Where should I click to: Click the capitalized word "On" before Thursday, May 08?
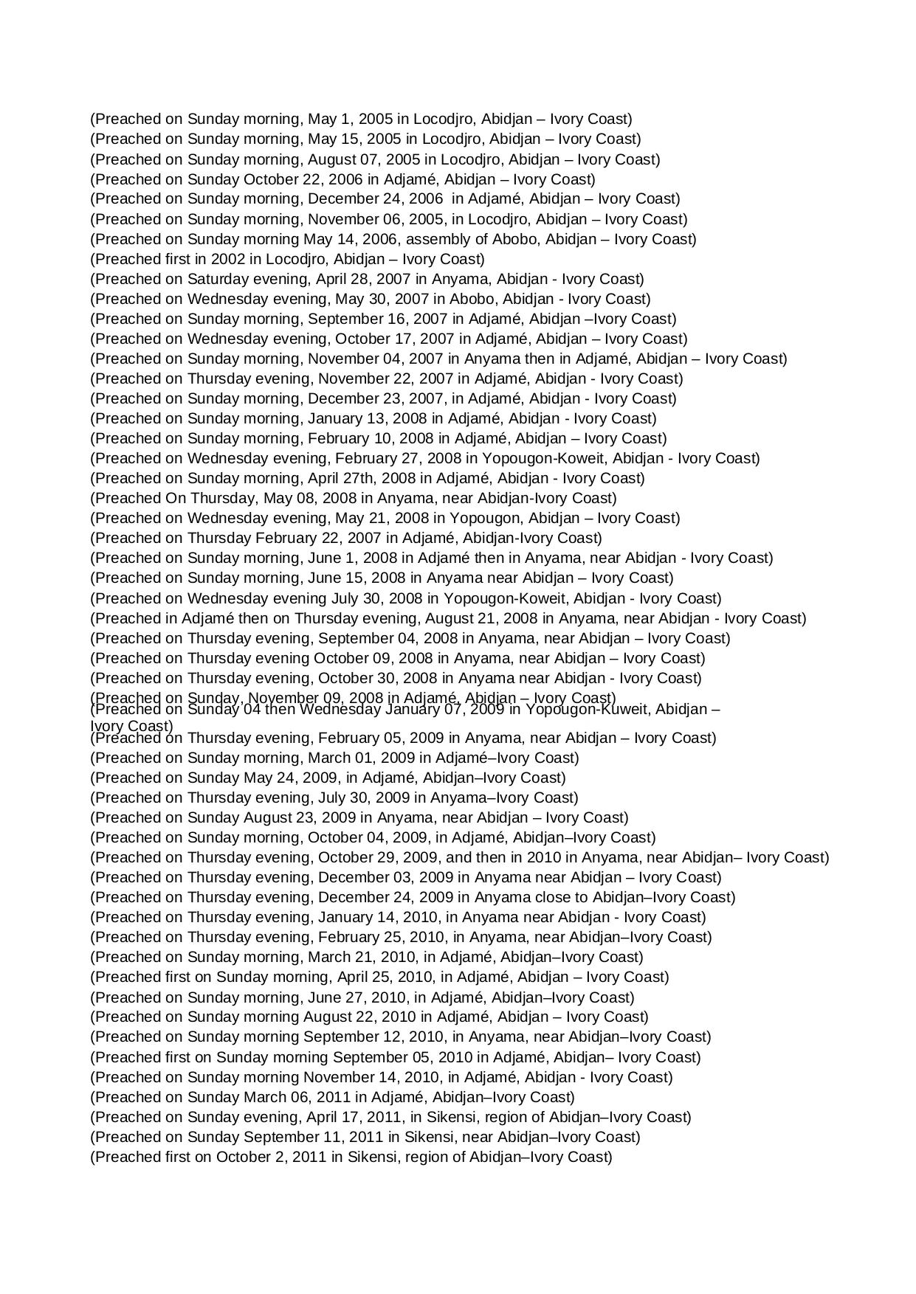pos(176,498)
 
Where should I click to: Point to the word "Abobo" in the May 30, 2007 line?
pos(469,299)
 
